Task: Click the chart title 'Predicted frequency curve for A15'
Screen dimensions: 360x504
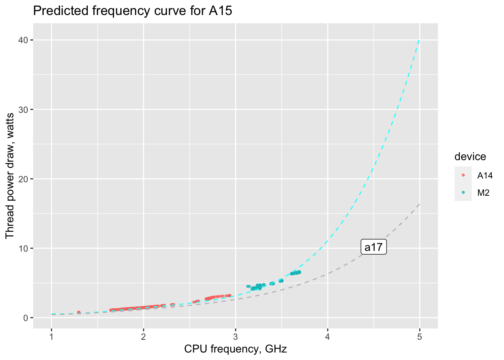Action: tap(133, 11)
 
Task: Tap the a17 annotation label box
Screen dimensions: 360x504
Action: tap(373, 247)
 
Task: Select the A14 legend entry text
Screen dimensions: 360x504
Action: tap(485, 175)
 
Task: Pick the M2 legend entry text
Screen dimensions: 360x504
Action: tap(483, 193)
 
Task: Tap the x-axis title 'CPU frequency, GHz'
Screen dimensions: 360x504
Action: tap(235, 349)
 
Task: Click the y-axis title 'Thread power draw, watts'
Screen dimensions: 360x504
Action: tap(10, 175)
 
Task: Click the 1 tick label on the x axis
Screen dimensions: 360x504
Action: tap(51, 337)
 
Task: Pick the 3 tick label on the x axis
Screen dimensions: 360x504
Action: tap(235, 337)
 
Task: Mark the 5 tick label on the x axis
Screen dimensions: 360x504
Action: tap(420, 337)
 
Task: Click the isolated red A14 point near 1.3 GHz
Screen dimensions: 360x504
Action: tap(79, 312)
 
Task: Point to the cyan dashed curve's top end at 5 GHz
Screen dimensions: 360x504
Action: tap(419, 40)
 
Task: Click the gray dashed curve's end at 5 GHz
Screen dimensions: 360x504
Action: tap(419, 204)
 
